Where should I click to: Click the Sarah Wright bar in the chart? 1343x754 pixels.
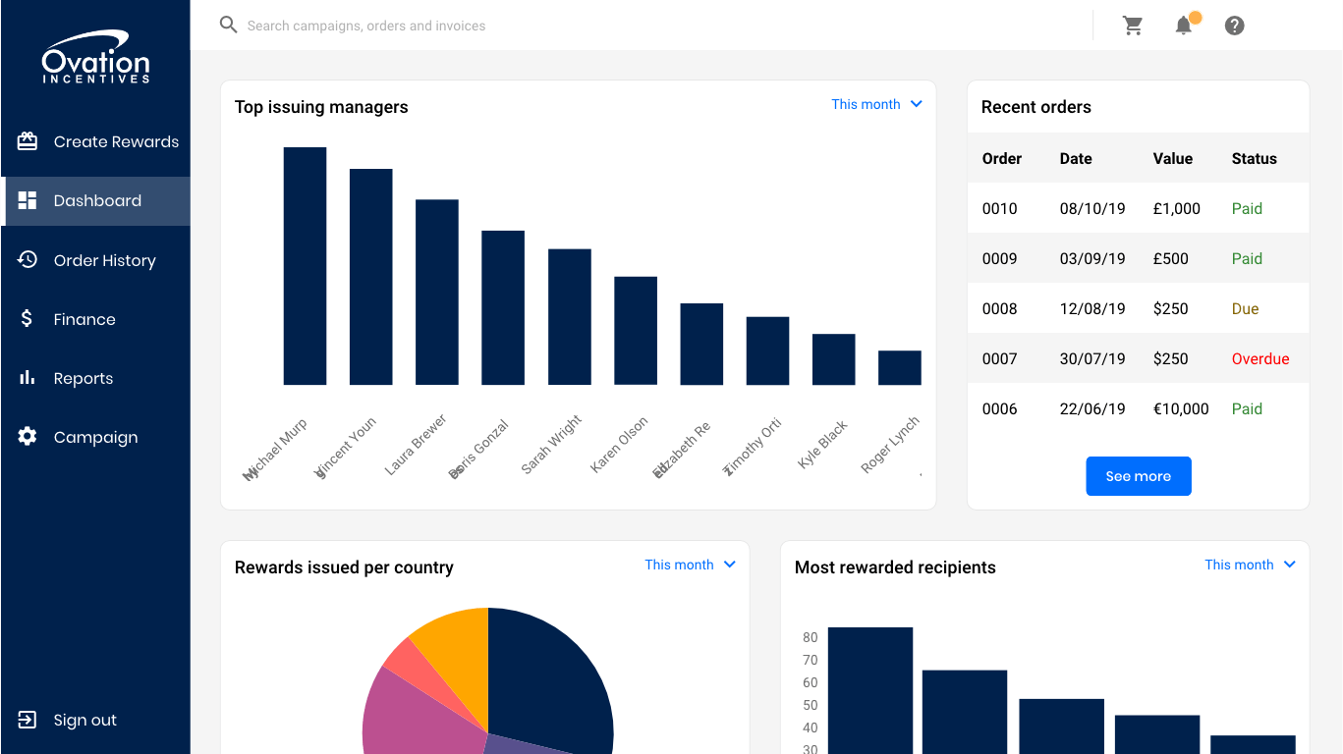570,316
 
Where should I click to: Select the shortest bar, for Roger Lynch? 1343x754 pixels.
899,367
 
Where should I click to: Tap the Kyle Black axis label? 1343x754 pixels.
822,444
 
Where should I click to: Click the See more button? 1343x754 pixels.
1138,476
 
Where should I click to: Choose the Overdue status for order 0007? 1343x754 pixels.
1259,359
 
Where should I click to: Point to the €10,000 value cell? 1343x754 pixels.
1181,409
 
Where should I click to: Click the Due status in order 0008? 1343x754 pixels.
1245,309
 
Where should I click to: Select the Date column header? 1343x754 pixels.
1076,159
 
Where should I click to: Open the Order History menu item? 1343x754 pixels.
104,260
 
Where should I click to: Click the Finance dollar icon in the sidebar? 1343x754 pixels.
27,319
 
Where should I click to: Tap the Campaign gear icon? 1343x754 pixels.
28,437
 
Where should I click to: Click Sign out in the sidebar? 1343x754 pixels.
84,720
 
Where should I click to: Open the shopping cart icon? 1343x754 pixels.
1133,26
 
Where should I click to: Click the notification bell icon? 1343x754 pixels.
1184,26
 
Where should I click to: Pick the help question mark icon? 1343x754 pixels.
1235,26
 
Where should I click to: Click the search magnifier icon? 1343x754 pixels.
229,25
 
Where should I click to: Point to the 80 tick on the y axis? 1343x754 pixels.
810,637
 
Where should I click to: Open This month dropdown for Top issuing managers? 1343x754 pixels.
876,104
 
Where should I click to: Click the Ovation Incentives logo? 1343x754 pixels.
95,58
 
